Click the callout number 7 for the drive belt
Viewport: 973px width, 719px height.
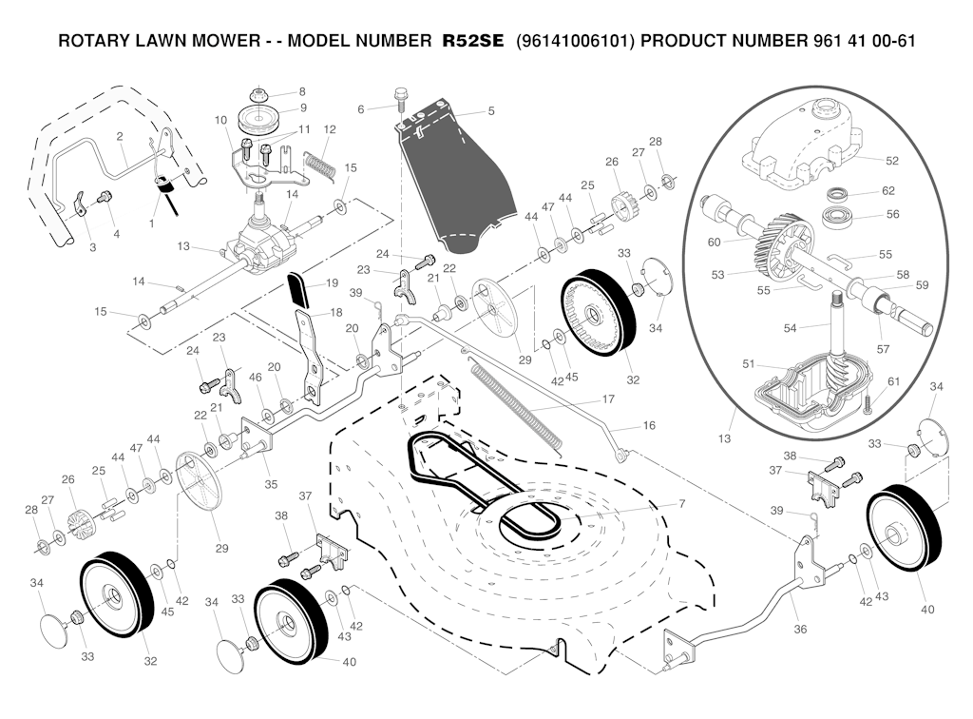(x=655, y=503)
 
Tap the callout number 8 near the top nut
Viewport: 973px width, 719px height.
(x=302, y=92)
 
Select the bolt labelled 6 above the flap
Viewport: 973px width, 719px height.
(x=400, y=97)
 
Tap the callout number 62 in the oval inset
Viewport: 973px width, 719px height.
(x=888, y=191)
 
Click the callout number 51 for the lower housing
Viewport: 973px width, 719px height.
(x=748, y=363)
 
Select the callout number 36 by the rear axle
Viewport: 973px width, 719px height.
(x=800, y=630)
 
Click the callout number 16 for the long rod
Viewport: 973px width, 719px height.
(x=649, y=425)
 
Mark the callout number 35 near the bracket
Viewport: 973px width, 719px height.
(x=272, y=484)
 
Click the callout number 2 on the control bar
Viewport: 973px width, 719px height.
(x=120, y=137)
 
